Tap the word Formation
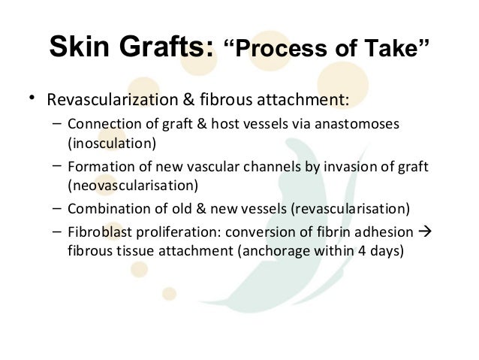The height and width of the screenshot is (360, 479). [x=95, y=167]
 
